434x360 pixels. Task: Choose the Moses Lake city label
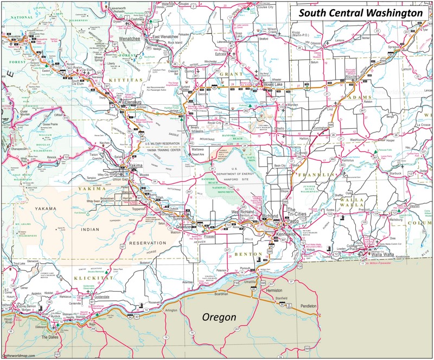(x=273, y=86)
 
